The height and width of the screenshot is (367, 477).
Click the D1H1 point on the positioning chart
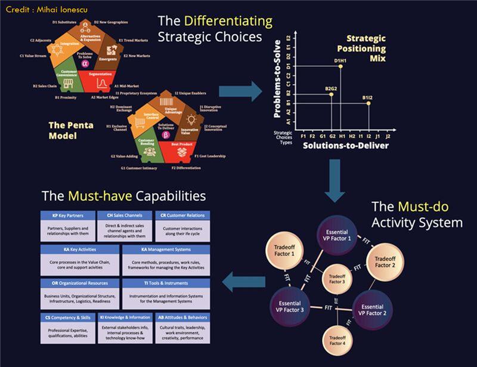340,66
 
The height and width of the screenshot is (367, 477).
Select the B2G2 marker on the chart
332,94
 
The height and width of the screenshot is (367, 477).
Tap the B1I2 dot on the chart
368,103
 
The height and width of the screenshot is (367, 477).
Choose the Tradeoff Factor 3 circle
337,279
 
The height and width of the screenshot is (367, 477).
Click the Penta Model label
70,130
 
